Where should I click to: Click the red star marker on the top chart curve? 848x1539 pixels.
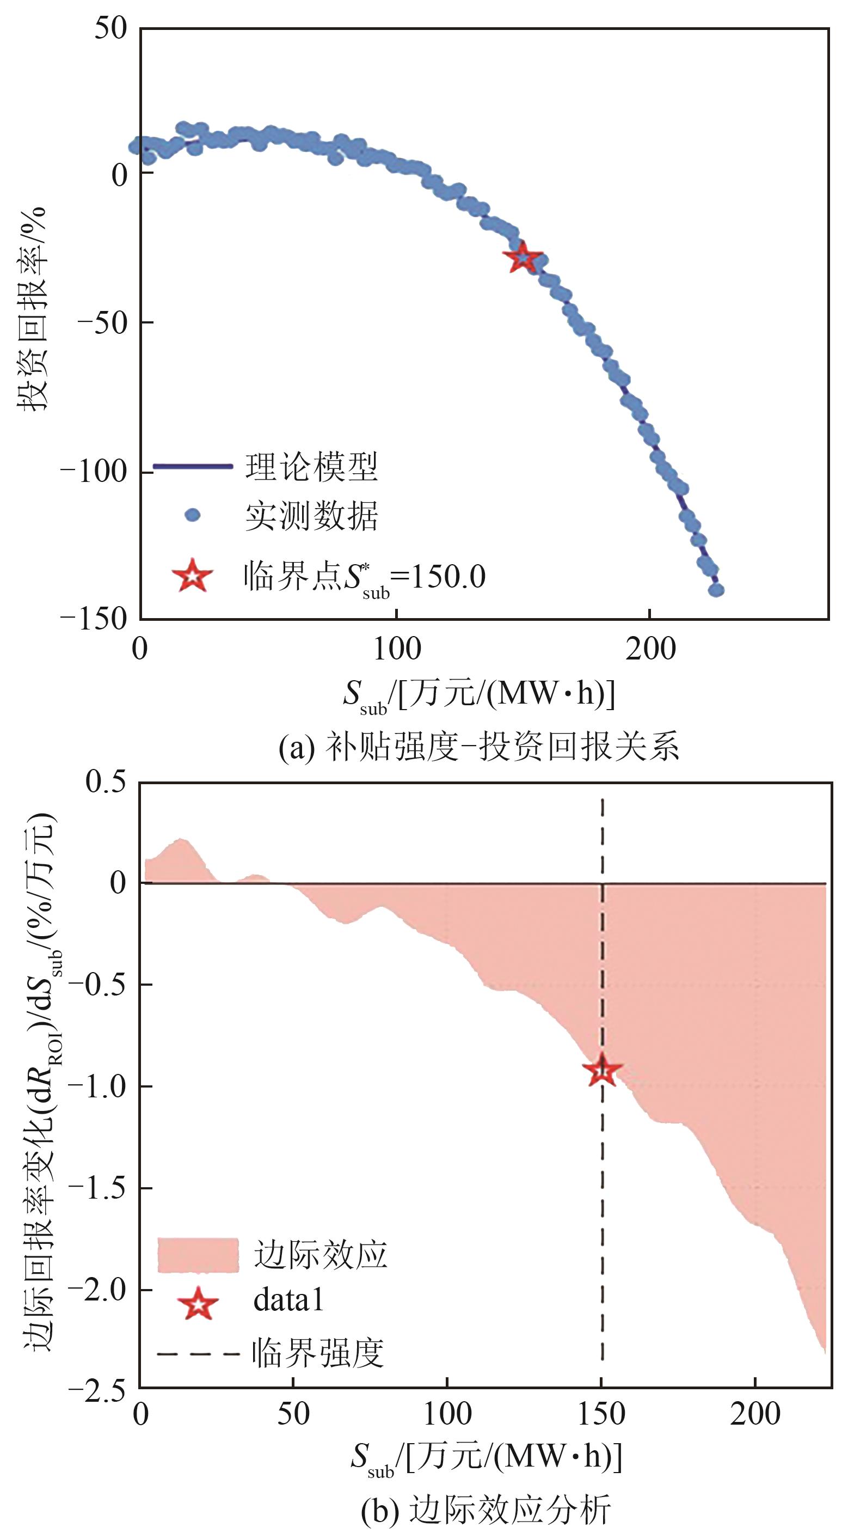523,258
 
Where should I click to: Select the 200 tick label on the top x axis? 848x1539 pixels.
650,648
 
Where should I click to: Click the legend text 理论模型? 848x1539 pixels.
311,467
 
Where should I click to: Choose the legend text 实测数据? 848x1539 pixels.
311,516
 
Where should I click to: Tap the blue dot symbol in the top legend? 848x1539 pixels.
192,515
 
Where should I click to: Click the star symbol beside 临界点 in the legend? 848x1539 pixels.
192,577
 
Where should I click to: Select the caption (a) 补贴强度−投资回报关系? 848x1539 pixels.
479,746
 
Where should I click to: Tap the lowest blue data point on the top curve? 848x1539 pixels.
716,590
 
